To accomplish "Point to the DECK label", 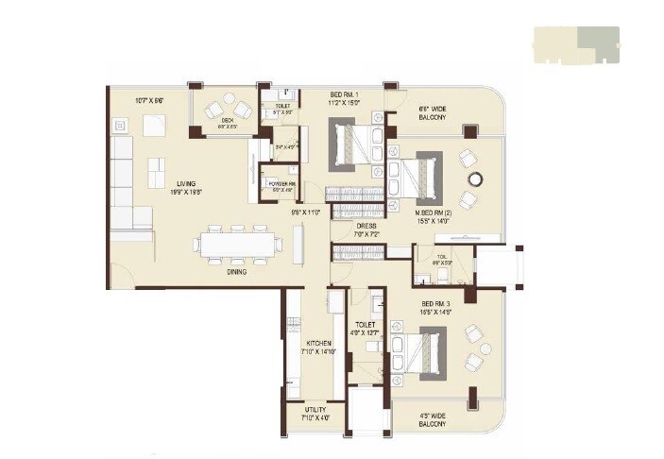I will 228,120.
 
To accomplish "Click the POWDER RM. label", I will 281,185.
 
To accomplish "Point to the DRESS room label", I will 367,227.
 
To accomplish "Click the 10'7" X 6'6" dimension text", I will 150,99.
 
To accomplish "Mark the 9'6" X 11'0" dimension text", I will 306,212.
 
